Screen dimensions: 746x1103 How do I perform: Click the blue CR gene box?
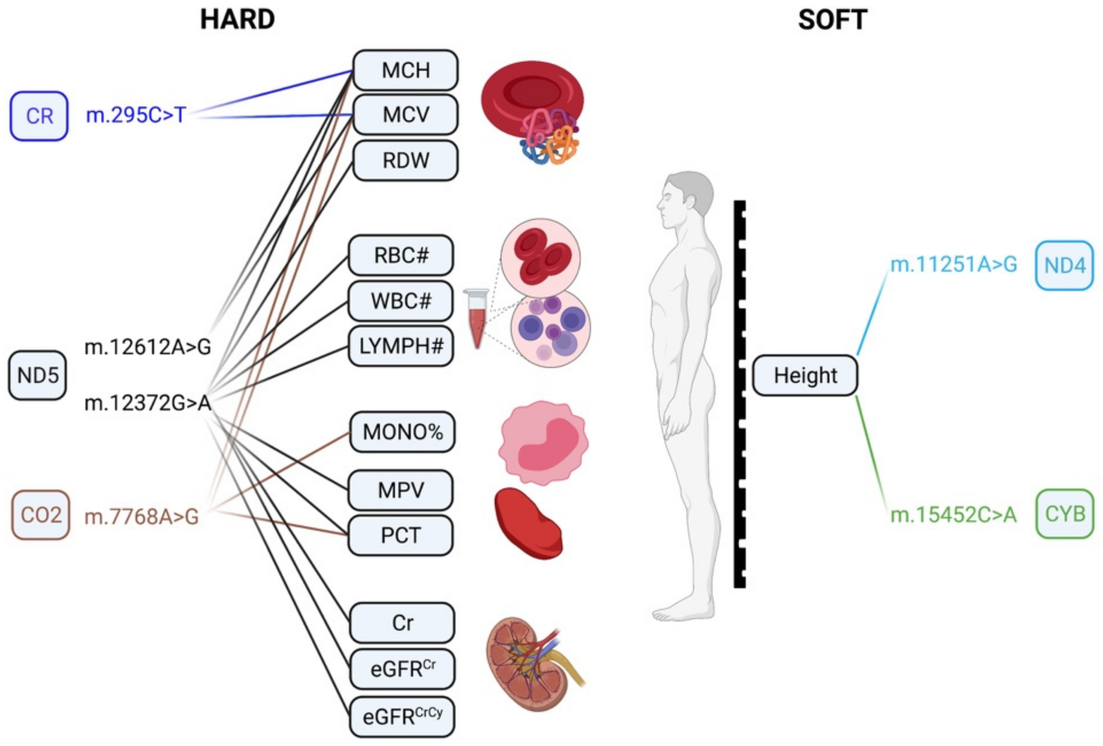[x=39, y=116]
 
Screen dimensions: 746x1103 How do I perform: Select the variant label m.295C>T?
[x=136, y=115]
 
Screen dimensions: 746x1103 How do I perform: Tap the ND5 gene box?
[x=37, y=375]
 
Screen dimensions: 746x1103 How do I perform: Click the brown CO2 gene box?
[x=41, y=515]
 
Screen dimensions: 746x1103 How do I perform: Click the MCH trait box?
[x=405, y=70]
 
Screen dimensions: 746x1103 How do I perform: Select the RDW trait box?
[x=405, y=160]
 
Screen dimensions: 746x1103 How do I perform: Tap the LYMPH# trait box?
[x=401, y=346]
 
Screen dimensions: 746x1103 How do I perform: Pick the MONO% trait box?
[x=402, y=432]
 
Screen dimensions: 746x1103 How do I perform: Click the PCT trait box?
[x=401, y=535]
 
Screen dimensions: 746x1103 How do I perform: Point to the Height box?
[x=805, y=375]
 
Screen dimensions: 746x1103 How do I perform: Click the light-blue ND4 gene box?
[x=1064, y=265]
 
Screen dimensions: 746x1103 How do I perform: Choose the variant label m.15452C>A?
[x=953, y=515]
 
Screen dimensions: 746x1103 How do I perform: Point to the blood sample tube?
[x=476, y=318]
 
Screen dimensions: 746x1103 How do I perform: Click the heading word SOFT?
[x=832, y=20]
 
